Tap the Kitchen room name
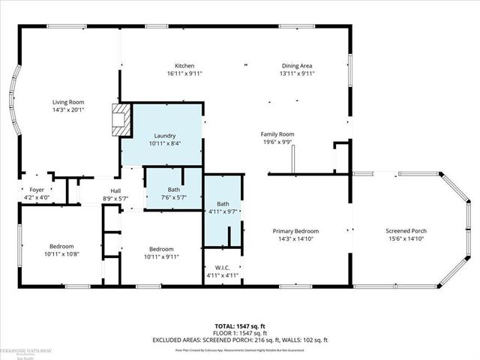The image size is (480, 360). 184,65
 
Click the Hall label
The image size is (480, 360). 115,190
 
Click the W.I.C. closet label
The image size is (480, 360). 222,267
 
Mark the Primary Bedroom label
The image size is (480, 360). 295,231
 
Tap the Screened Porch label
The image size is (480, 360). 406,231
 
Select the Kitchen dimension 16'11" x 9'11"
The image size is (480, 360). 184,73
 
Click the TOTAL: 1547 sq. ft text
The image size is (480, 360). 241,326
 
